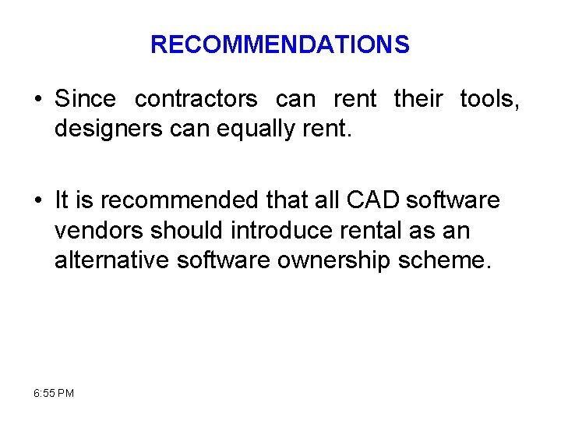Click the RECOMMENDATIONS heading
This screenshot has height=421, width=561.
click(x=280, y=44)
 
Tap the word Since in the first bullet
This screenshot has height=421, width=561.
click(x=85, y=100)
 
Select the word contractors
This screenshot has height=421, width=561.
click(x=196, y=100)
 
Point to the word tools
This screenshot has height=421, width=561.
click(x=489, y=100)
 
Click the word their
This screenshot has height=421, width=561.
click(x=418, y=100)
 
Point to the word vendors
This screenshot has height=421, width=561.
click(x=99, y=230)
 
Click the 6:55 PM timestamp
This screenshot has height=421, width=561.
click(x=55, y=393)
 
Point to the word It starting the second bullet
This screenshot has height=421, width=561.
click(x=62, y=200)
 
